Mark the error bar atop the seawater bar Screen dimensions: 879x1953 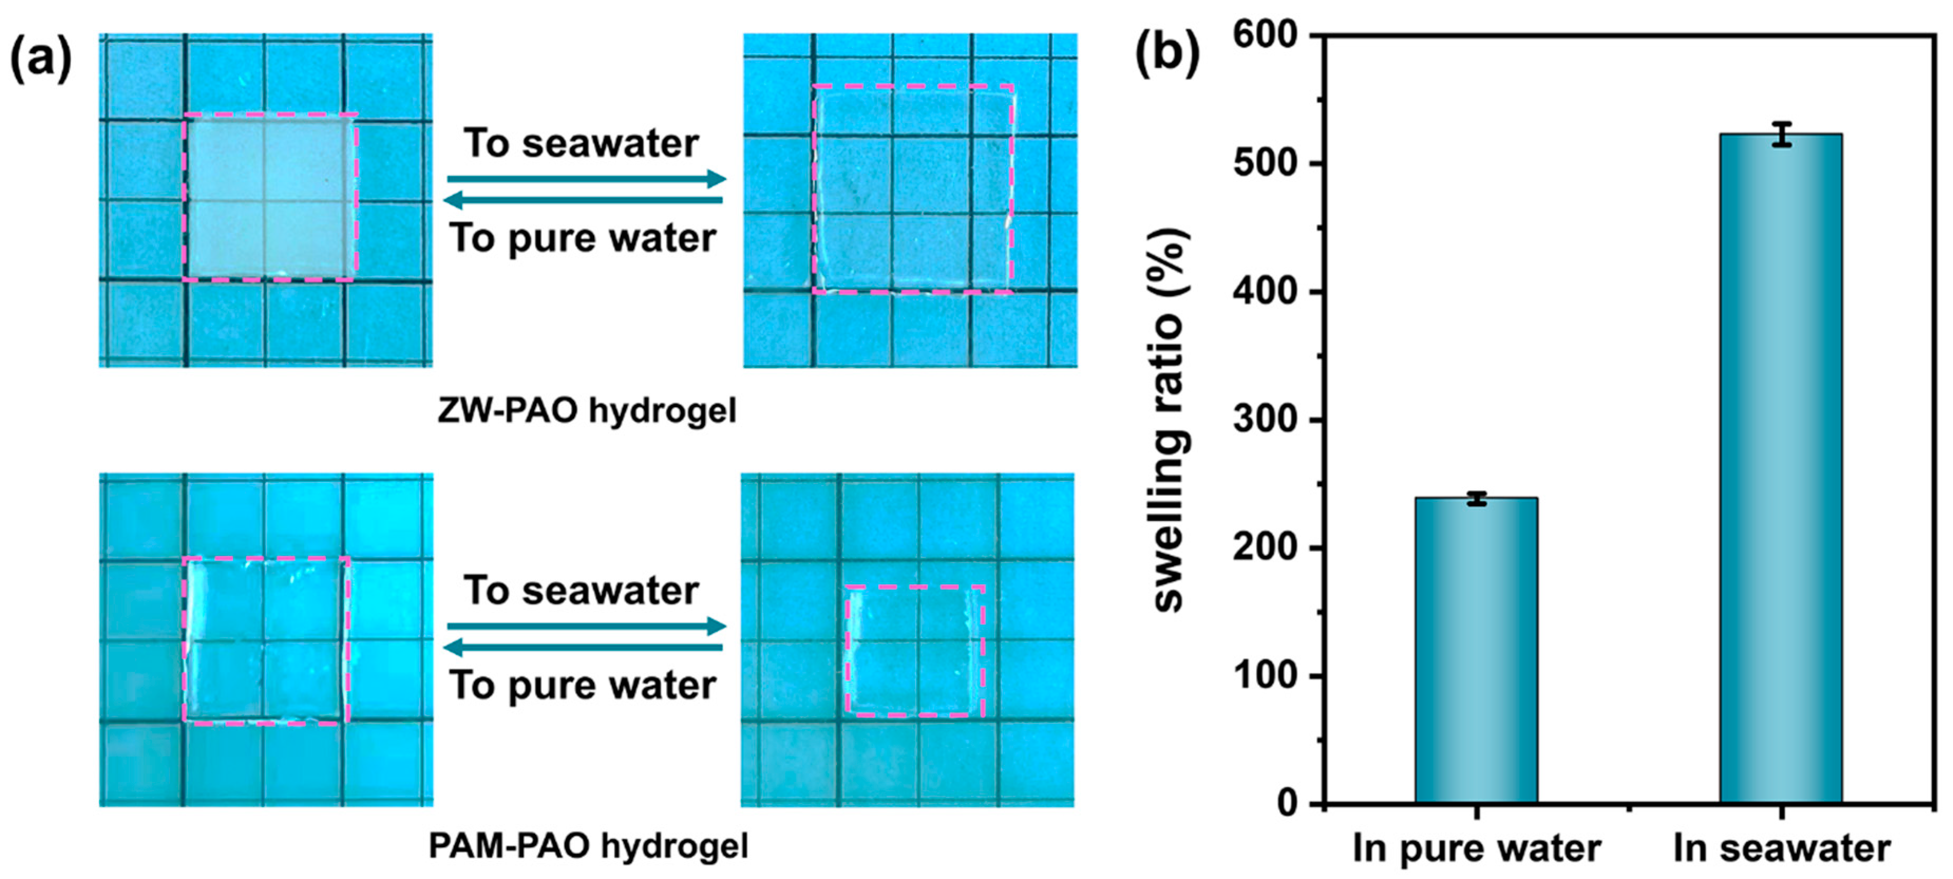[1781, 134]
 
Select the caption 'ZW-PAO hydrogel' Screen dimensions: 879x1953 [587, 411]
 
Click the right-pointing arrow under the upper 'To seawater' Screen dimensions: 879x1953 [586, 180]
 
